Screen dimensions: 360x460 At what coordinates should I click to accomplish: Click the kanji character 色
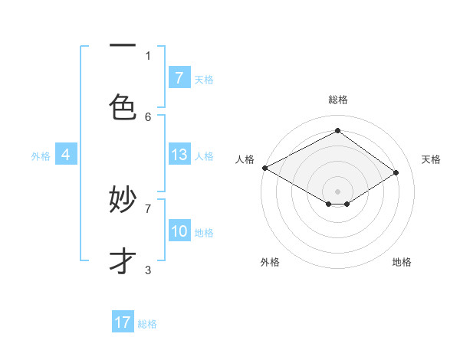coord(123,106)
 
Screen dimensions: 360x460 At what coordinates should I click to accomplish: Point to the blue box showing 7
coord(179,78)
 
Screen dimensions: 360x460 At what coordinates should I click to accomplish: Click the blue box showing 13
coord(179,155)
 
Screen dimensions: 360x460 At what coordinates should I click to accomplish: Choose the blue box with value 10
coord(179,231)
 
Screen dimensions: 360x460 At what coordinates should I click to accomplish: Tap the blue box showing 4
coord(66,155)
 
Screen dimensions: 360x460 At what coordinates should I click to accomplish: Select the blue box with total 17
coord(123,322)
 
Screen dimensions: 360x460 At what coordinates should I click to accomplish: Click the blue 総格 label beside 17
coord(147,324)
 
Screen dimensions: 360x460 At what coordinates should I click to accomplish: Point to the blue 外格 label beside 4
coord(41,156)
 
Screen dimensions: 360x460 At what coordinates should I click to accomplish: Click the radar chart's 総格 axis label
coord(337,100)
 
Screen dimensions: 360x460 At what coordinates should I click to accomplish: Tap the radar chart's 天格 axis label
coord(431,159)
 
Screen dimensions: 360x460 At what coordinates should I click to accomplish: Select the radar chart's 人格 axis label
coord(245,159)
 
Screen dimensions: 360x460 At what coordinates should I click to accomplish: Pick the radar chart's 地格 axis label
coord(402,262)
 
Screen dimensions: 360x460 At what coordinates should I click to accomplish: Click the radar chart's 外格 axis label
coord(270,262)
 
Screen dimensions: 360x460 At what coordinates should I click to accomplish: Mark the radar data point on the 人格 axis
coord(264,167)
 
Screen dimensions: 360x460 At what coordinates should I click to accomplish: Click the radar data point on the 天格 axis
coord(396,172)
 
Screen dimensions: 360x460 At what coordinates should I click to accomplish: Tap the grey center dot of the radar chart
coord(337,191)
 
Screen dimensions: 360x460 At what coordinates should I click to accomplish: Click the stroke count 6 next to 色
coord(148,116)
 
